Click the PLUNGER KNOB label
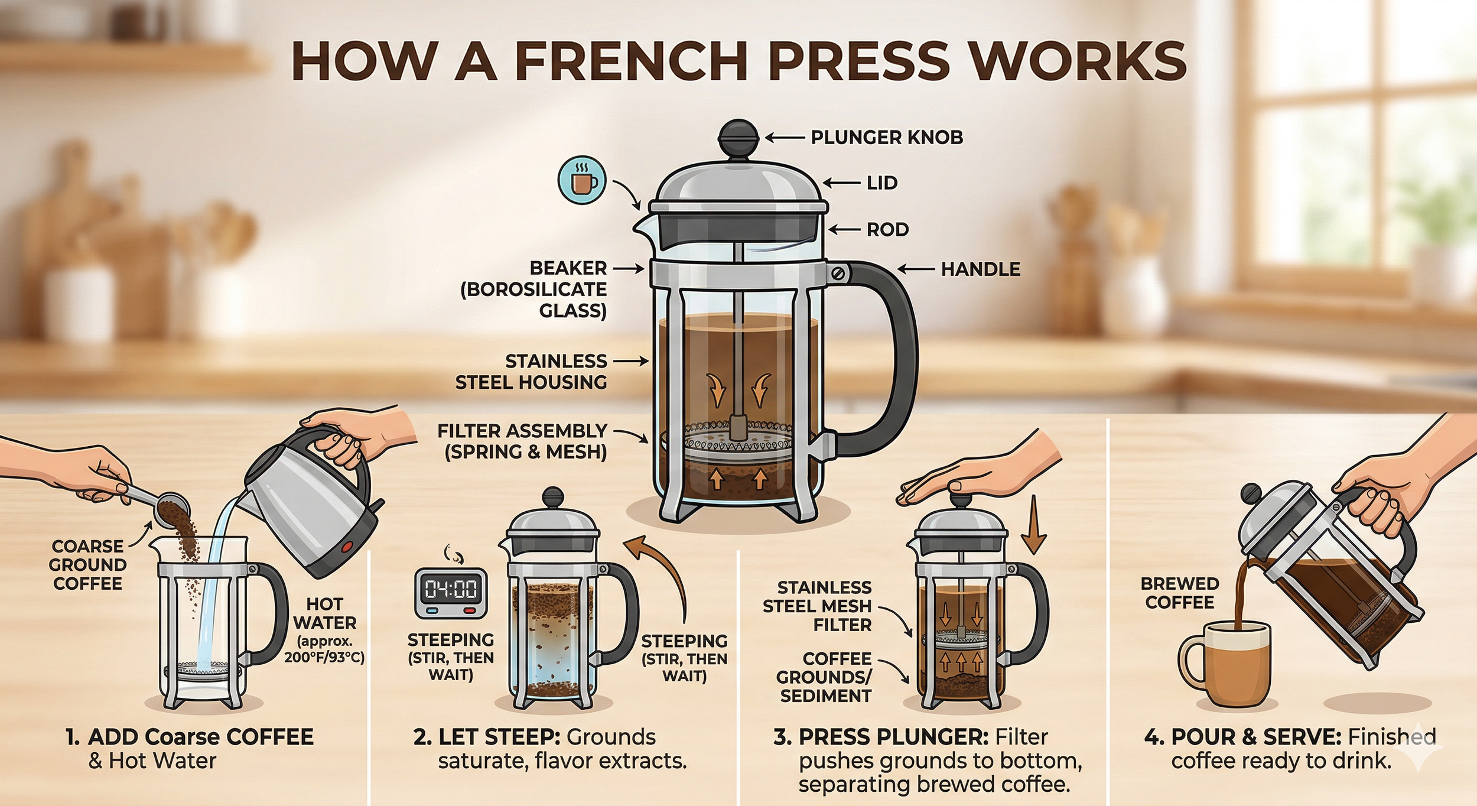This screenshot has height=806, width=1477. [x=887, y=138]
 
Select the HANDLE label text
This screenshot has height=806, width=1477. [x=980, y=269]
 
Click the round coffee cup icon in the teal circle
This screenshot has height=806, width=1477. [x=583, y=180]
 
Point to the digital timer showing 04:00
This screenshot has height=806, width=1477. [x=451, y=593]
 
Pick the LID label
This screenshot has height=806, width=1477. [x=882, y=183]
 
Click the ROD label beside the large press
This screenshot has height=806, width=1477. [x=887, y=230]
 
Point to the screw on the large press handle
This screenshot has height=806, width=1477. [x=838, y=273]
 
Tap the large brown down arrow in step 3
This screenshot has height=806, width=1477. [x=1033, y=525]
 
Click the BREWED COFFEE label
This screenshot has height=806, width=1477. [x=1179, y=593]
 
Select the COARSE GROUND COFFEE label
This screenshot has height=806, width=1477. [x=87, y=565]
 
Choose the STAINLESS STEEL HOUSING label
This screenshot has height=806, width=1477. [x=531, y=372]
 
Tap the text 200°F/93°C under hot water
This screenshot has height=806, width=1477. [x=324, y=657]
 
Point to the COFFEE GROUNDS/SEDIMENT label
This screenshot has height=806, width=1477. [x=824, y=677]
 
